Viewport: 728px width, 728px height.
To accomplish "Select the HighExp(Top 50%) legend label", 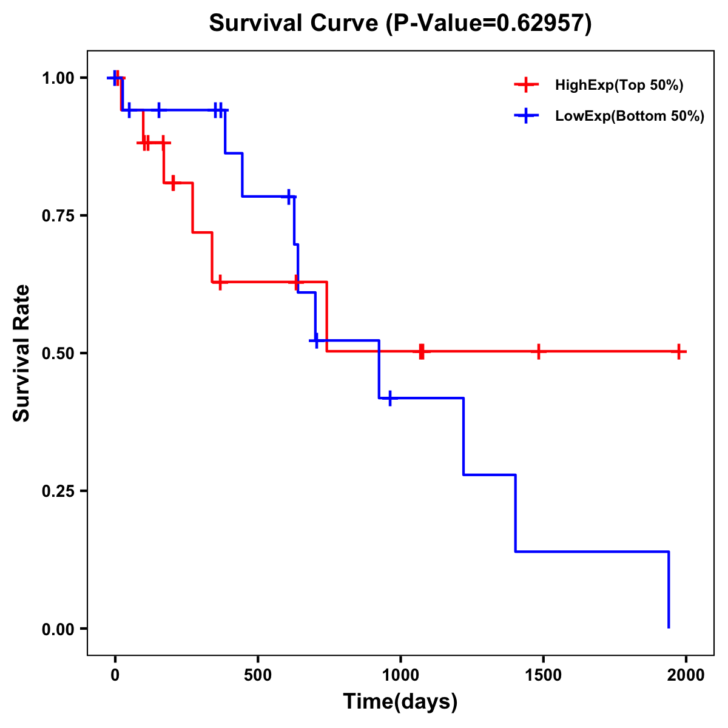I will (619, 86).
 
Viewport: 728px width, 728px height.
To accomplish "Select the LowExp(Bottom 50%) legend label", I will (630, 116).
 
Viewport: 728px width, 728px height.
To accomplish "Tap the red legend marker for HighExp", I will (526, 85).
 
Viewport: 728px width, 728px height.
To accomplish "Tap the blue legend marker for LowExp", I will (526, 116).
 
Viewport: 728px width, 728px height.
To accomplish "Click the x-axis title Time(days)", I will (400, 702).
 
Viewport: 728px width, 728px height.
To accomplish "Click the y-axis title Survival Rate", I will (22, 353).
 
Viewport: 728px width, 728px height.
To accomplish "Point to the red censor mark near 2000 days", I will (679, 351).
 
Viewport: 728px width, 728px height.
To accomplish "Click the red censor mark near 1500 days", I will (538, 351).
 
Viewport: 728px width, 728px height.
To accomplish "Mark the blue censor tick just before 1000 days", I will (389, 398).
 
